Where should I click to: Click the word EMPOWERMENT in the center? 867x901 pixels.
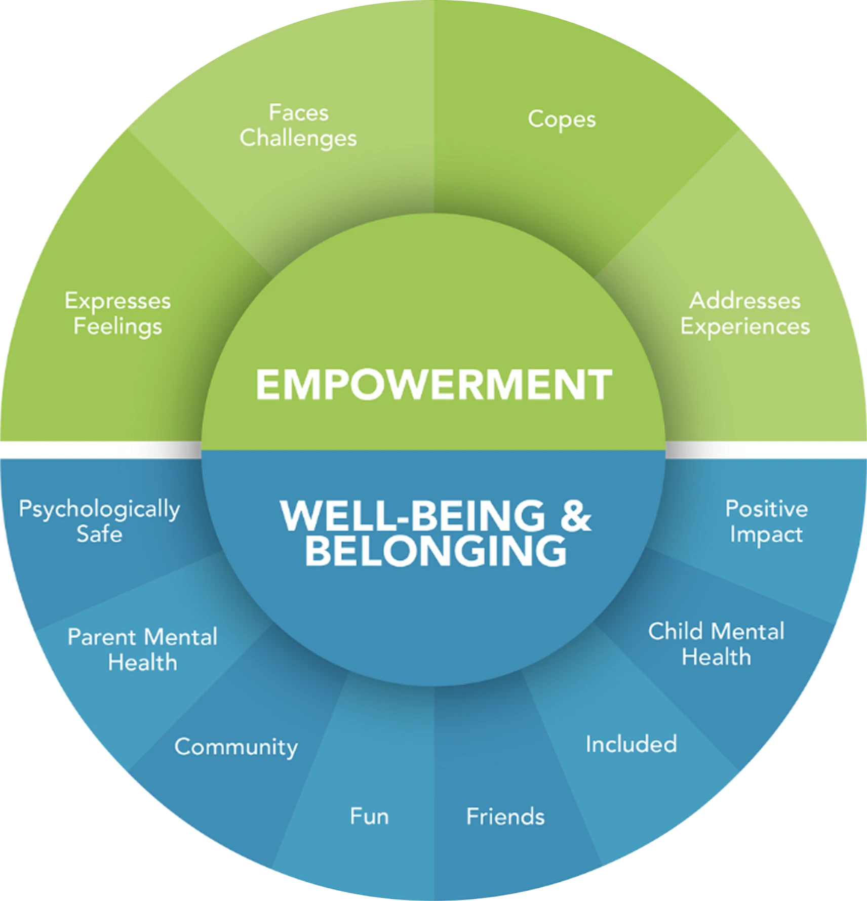(433, 385)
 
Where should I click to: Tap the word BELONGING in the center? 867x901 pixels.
(436, 551)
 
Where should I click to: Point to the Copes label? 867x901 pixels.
(562, 120)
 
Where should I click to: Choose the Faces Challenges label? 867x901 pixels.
(298, 126)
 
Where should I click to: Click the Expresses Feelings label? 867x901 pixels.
(117, 313)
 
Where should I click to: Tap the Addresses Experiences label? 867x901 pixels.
(745, 313)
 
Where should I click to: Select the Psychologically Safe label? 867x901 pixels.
(99, 521)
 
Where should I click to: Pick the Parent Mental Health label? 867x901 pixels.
(142, 649)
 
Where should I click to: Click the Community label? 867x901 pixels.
(236, 747)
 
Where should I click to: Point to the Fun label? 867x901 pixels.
(369, 816)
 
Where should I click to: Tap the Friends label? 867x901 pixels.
(505, 816)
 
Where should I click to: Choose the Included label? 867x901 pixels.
(631, 744)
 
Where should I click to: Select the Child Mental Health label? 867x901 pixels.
(716, 644)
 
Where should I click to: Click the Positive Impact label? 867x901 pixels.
(766, 521)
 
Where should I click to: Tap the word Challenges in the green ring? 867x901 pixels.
(298, 139)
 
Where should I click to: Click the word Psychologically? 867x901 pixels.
(99, 509)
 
